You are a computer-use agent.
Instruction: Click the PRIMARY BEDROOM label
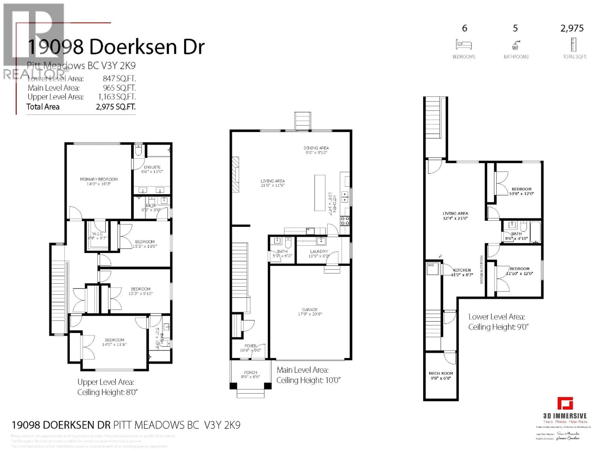[99, 179]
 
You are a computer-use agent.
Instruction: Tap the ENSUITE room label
[152, 167]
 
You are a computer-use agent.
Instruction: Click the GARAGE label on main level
[310, 309]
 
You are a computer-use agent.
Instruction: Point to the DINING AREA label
[316, 148]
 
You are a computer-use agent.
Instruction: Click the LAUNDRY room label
[319, 251]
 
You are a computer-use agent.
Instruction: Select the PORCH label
[250, 372]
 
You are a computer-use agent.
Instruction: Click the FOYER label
[250, 346]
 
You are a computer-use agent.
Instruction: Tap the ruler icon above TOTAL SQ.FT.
[573, 45]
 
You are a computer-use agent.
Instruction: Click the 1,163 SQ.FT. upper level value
[117, 97]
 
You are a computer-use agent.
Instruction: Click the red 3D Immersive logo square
[565, 404]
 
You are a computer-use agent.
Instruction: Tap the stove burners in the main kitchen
[345, 221]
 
